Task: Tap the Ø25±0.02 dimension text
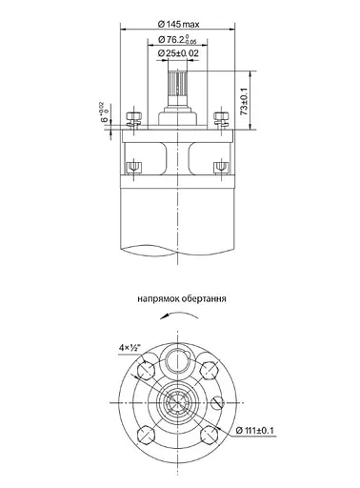(180, 54)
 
